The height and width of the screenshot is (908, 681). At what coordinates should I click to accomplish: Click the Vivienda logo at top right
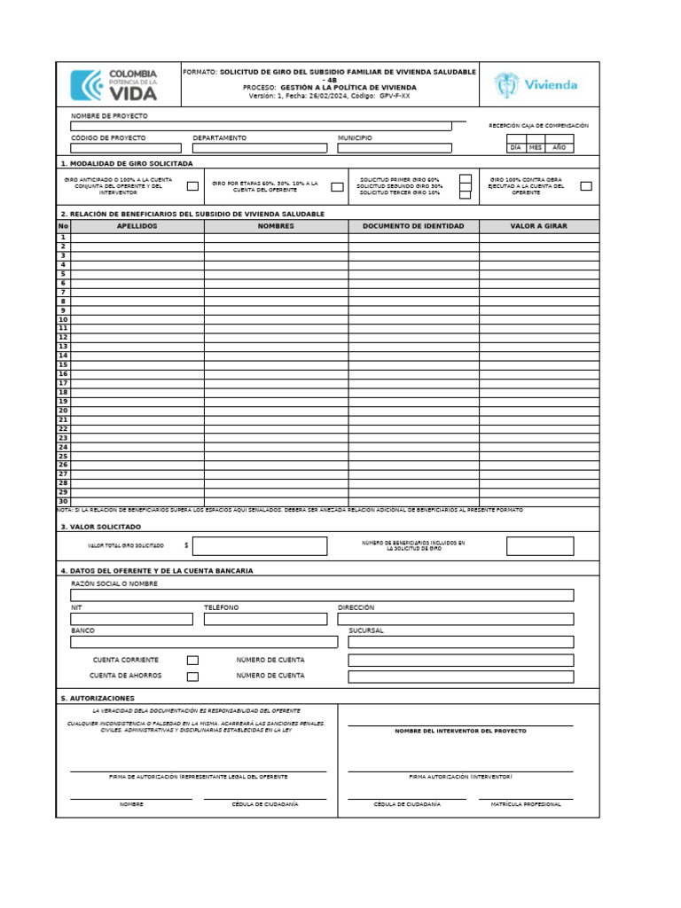coord(537,85)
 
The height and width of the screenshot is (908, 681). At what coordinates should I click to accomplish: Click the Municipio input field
coord(395,148)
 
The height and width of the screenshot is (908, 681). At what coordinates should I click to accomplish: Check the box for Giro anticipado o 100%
coord(192,186)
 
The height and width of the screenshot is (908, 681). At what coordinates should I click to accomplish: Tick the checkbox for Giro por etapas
coord(337,186)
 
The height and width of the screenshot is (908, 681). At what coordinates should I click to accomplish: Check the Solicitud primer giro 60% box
coord(465,178)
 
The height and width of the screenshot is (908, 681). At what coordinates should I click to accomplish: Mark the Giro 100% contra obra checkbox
coord(586,186)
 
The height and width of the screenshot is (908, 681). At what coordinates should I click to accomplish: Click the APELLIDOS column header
coord(137,226)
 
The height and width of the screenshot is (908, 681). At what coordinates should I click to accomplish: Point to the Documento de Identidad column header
coord(413,226)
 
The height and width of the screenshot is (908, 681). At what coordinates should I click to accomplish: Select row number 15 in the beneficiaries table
coord(63,364)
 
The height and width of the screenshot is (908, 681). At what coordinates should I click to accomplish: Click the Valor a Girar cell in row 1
coord(539,237)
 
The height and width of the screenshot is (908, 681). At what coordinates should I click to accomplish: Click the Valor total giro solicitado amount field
coord(259,546)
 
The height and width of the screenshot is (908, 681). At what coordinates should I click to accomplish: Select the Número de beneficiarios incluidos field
coord(540,546)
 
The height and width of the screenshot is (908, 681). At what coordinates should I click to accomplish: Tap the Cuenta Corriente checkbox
coord(192,661)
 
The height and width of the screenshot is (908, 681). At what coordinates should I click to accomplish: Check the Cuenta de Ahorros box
coord(192,677)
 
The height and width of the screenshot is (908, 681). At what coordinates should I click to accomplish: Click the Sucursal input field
coord(460,642)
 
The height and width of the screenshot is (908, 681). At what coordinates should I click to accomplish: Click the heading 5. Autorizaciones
coord(98,698)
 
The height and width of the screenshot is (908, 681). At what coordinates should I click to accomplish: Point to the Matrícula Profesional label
coord(526,804)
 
